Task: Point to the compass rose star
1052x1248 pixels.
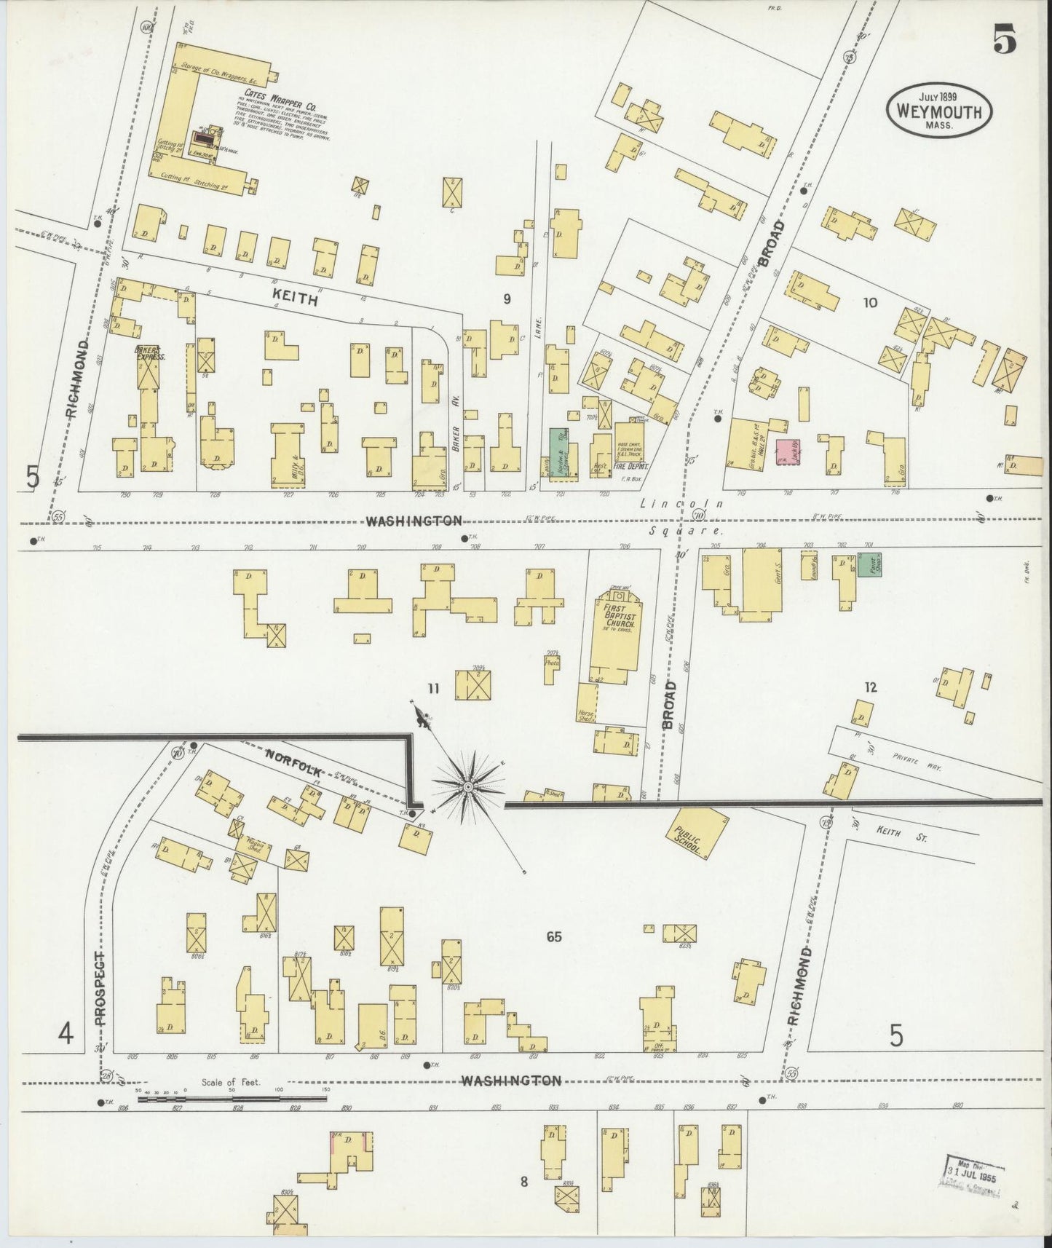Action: pos(467,787)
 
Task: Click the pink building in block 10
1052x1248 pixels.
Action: pos(786,451)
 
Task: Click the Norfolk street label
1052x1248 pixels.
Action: pos(293,757)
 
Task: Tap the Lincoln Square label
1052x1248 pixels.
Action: pos(681,517)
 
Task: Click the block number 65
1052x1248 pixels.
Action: pos(554,936)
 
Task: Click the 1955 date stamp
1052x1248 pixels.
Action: pos(973,1174)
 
